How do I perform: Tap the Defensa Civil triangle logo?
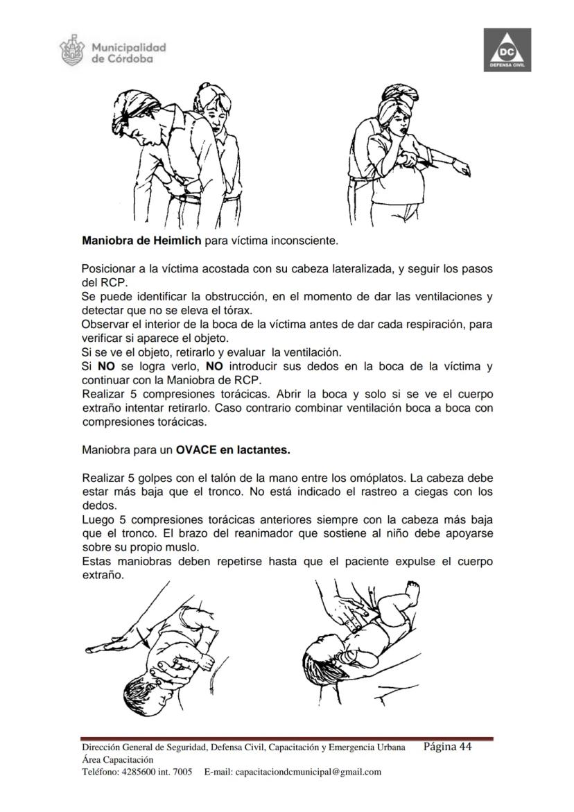coord(507,50)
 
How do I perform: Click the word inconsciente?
coord(304,241)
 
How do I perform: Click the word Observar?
coord(104,324)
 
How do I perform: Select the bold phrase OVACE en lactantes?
coord(232,449)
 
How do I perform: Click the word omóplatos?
coord(376,478)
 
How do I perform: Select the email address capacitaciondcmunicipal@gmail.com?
coord(308,772)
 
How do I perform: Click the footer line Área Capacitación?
coord(114,759)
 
